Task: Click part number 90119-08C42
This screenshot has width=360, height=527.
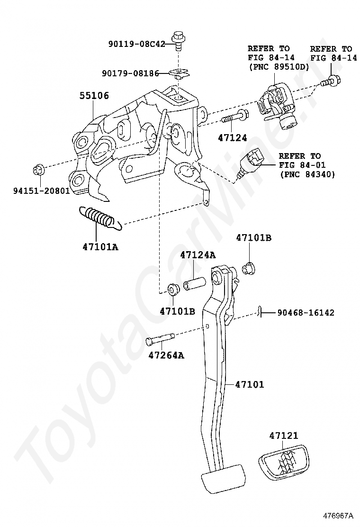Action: (x=136, y=44)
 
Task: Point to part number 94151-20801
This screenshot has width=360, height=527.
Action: (x=42, y=191)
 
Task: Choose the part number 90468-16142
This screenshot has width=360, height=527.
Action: (x=306, y=313)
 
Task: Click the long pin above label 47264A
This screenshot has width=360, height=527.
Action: (x=162, y=338)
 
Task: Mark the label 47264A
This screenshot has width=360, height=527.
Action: (x=166, y=355)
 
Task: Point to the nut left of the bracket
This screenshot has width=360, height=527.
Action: (x=38, y=170)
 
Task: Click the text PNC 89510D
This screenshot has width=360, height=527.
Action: (x=279, y=67)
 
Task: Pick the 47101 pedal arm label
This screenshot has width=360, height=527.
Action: (x=249, y=385)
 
